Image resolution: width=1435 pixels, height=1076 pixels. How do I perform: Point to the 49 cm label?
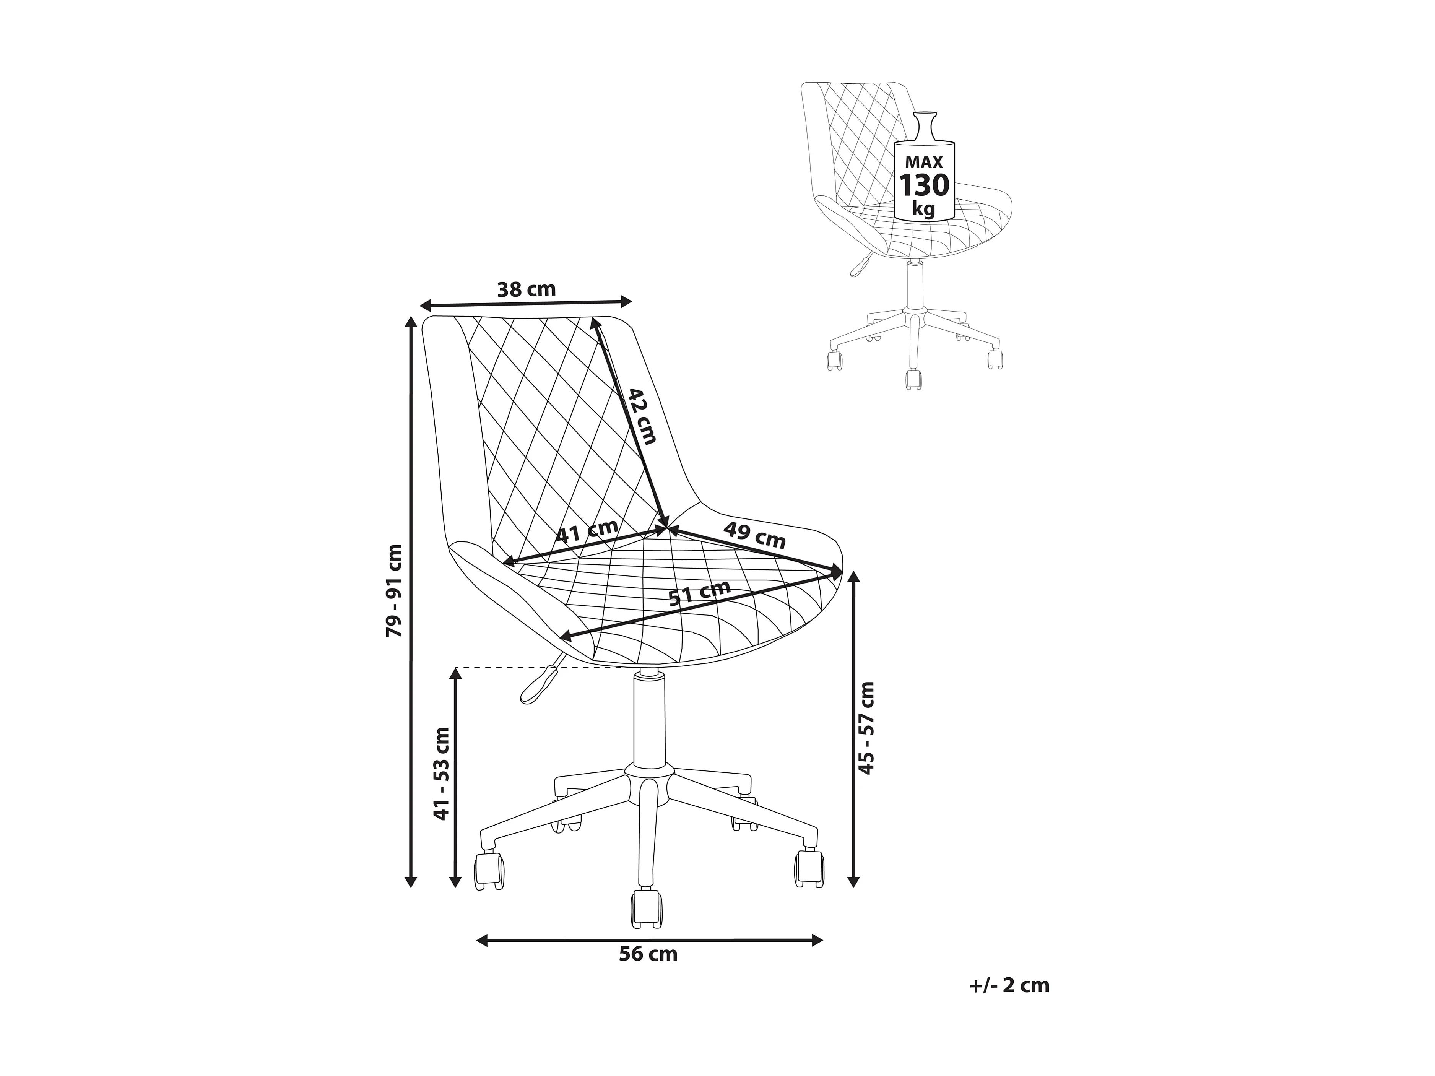pos(754,535)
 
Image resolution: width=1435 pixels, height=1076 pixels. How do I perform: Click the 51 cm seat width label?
pos(699,592)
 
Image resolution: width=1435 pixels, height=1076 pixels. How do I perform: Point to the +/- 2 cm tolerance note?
pos(1009,1003)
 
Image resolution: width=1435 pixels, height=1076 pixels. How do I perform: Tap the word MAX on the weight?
pos(924,162)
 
